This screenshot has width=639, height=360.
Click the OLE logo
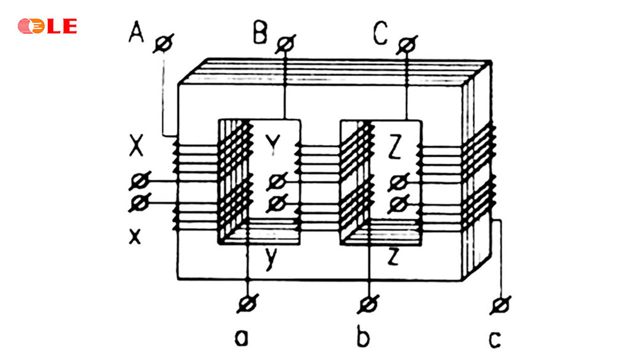click(47, 26)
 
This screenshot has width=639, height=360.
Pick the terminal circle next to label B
click(284, 45)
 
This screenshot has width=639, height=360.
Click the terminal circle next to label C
click(405, 45)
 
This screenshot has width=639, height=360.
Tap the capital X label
click(135, 148)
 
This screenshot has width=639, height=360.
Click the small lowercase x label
click(135, 237)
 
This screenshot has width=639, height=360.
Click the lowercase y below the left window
click(272, 260)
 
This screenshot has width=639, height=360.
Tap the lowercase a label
click(242, 337)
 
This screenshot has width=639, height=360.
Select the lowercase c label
click(495, 338)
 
